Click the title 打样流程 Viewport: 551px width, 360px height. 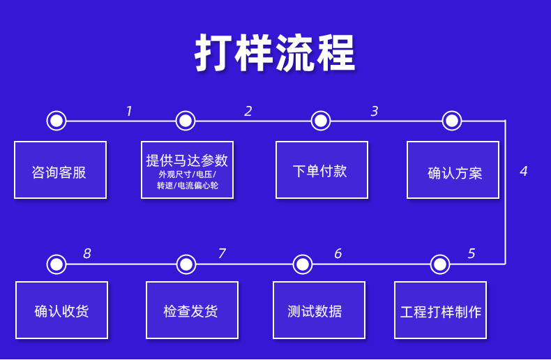click(x=275, y=53)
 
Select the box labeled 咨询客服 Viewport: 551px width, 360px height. click(x=60, y=170)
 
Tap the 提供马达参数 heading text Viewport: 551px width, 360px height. click(x=187, y=160)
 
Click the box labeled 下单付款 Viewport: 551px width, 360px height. click(x=322, y=170)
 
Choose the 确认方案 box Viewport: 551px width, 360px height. click(x=453, y=170)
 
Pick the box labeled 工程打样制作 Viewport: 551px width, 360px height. click(x=440, y=310)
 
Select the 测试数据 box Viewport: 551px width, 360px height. click(x=319, y=310)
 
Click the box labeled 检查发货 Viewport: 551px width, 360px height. click(x=192, y=310)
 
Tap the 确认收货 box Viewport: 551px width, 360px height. click(x=61, y=310)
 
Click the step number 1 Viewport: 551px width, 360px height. click(x=129, y=111)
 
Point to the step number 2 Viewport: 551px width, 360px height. click(x=248, y=111)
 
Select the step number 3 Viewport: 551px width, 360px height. click(x=375, y=111)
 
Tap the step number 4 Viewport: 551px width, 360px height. click(x=524, y=171)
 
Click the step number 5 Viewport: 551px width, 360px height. click(x=471, y=253)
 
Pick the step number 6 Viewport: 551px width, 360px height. click(x=338, y=253)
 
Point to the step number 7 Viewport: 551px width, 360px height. click(x=222, y=253)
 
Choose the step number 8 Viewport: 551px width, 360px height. click(x=86, y=253)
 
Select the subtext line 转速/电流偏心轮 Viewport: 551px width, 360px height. click(x=188, y=186)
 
